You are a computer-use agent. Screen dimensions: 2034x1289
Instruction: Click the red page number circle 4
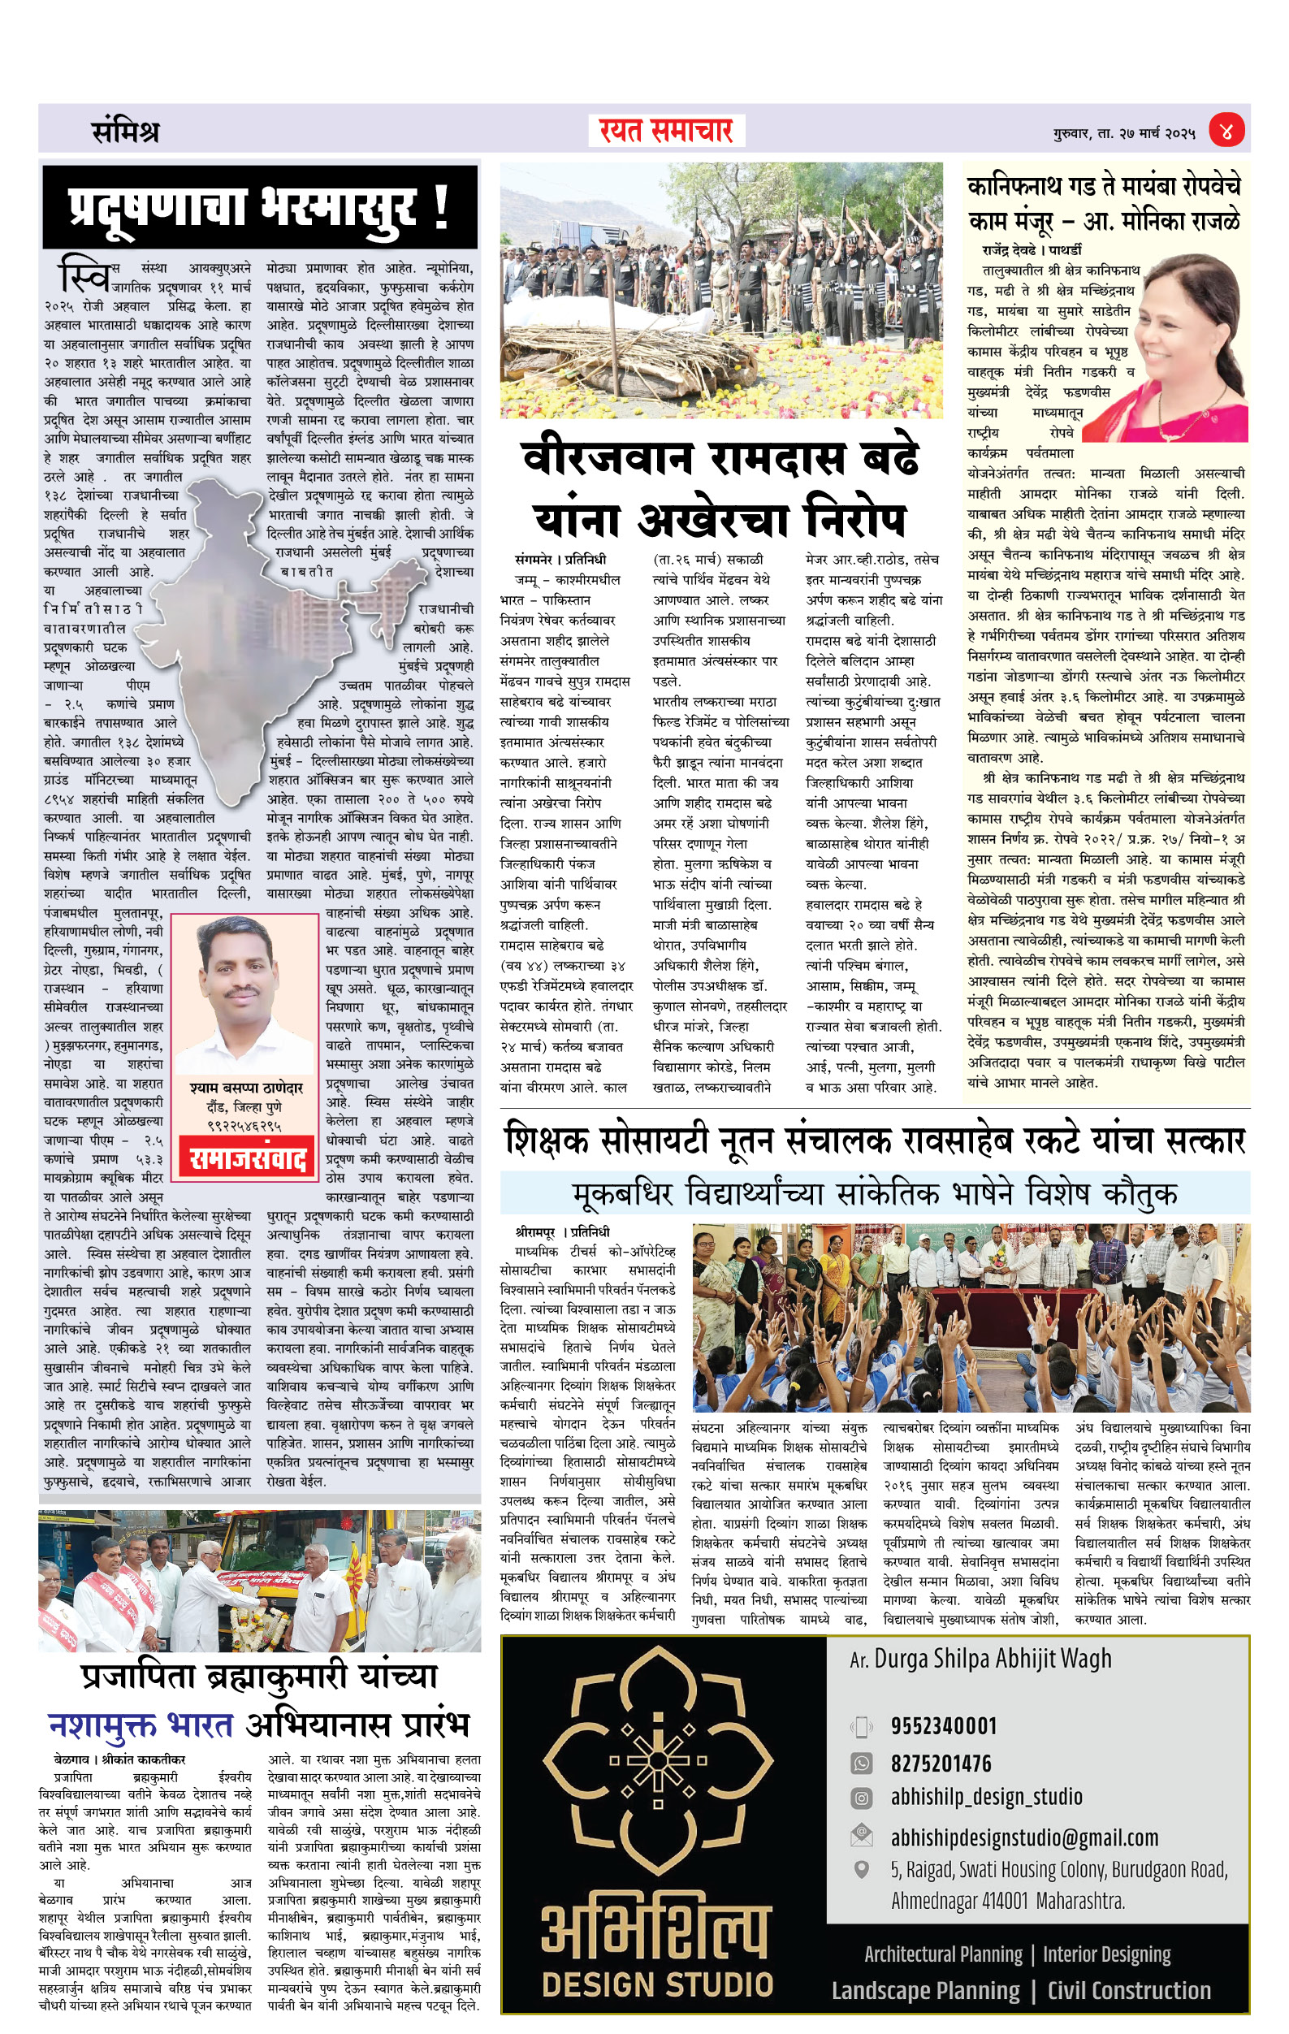(x=1226, y=131)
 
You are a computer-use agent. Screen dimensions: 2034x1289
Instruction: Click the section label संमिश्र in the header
(x=125, y=132)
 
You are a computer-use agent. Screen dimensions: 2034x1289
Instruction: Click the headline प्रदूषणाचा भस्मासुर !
(x=258, y=207)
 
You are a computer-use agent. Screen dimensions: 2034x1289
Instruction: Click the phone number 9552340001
(x=944, y=1725)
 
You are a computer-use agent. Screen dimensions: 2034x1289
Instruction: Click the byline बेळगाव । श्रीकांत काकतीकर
(x=119, y=1759)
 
